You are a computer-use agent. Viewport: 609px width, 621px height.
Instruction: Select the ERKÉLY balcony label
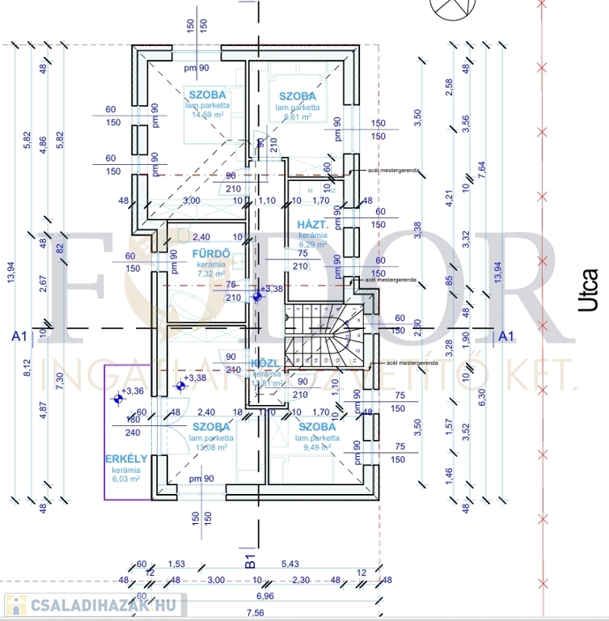tap(126, 459)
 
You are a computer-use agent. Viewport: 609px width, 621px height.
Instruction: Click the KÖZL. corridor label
tap(267, 363)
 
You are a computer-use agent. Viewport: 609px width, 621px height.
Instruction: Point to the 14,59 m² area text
tap(207, 115)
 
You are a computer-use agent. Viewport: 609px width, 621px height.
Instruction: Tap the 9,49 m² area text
tap(318, 446)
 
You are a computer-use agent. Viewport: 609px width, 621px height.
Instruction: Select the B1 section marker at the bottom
tap(249, 557)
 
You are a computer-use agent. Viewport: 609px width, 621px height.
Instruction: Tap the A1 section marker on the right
tap(507, 335)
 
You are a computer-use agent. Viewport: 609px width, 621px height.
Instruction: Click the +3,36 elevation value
tap(133, 391)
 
